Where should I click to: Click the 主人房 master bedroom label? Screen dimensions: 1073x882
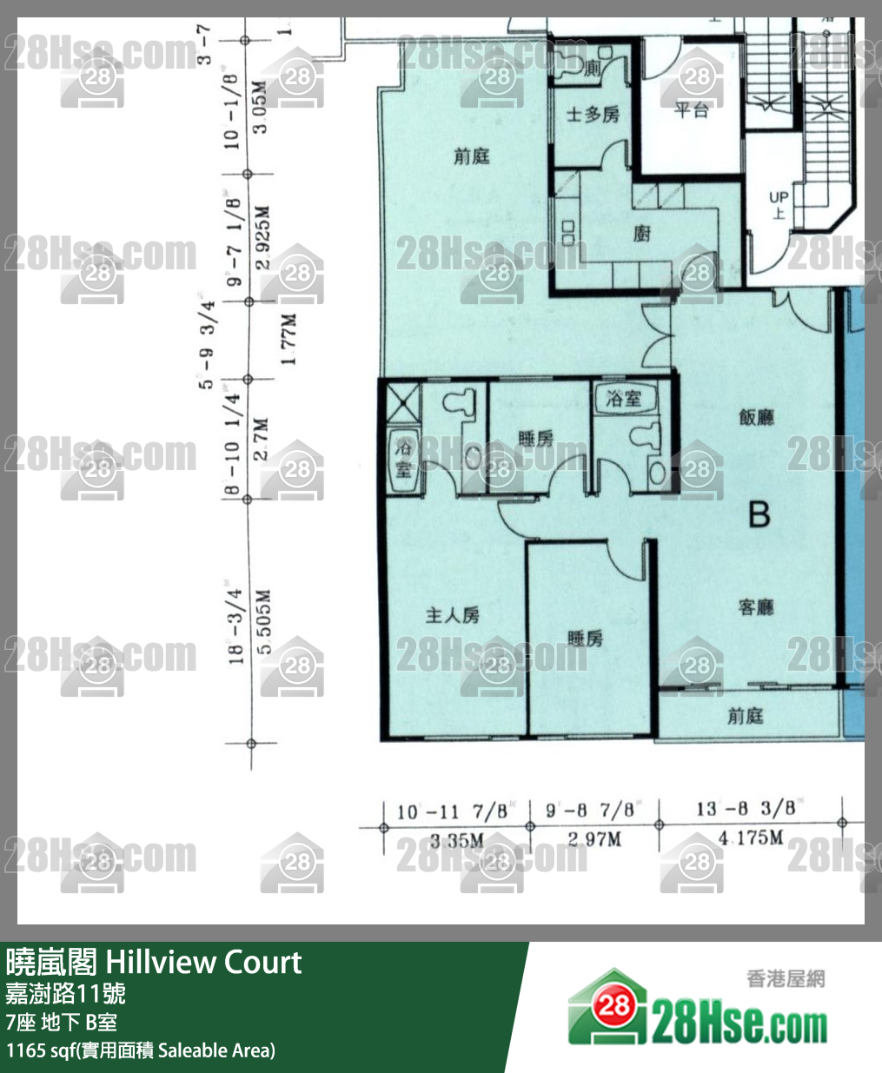point(453,615)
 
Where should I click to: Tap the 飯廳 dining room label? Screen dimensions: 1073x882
point(756,417)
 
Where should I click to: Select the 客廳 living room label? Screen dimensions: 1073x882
point(756,607)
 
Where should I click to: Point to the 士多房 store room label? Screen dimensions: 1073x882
point(593,115)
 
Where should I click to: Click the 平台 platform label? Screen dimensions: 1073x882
point(692,110)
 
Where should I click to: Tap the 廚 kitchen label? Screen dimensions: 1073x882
point(641,233)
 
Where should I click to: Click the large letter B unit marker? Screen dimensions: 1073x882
point(759,514)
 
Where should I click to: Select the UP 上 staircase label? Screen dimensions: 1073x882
point(779,204)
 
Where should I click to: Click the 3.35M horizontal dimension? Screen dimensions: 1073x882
point(456,840)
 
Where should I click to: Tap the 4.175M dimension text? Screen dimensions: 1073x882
point(752,838)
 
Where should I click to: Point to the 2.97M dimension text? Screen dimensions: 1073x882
point(594,839)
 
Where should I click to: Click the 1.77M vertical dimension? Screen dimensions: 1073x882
point(289,340)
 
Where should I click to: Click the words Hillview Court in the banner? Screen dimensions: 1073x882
point(203,963)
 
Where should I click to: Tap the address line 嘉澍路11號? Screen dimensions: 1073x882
point(66,993)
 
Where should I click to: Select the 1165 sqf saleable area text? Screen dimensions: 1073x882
point(140,1050)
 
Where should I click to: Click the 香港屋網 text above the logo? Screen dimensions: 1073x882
point(786,979)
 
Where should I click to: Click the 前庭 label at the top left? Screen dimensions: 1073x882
point(472,156)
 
